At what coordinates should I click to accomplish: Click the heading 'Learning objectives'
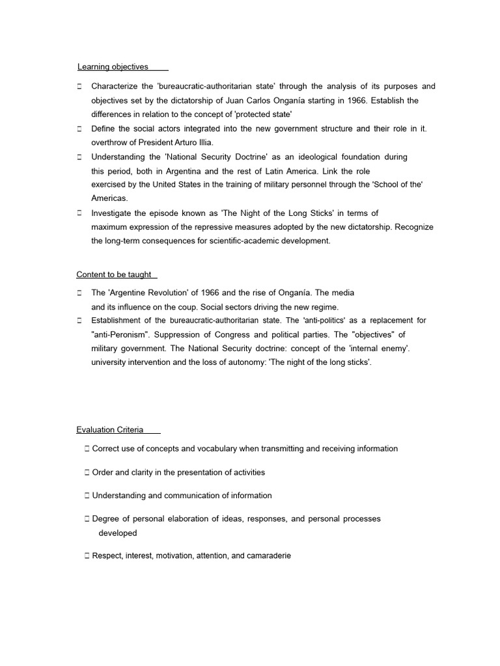click(x=113, y=66)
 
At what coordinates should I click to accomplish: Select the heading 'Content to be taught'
click(x=114, y=274)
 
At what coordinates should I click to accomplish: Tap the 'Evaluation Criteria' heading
click(x=110, y=430)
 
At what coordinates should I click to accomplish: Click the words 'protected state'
click(x=263, y=114)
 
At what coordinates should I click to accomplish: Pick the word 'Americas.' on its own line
click(x=110, y=198)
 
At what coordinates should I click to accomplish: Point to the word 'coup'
click(x=189, y=307)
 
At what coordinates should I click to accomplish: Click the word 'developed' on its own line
click(x=118, y=533)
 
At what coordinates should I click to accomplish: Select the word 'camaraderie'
click(x=266, y=556)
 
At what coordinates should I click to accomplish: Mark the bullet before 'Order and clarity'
click(x=87, y=472)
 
